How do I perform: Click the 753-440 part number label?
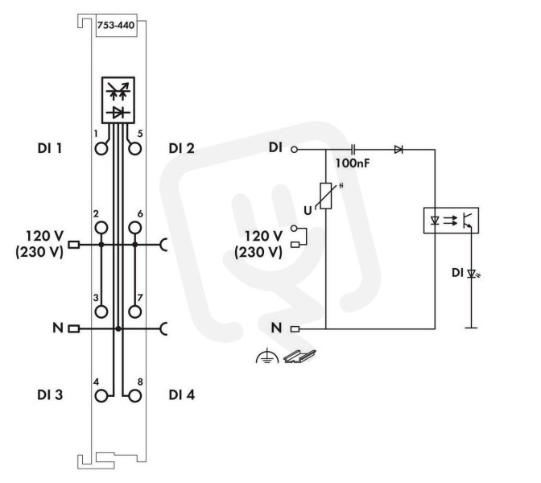pos(116,25)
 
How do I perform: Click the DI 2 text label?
pos(181,148)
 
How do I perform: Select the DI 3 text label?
pos(50,394)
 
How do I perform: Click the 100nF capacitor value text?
pos(353,163)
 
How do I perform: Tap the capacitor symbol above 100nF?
pos(353,150)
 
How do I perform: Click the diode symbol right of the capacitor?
pos(399,150)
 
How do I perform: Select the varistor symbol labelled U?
pos(326,196)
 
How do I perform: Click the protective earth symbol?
pos(267,357)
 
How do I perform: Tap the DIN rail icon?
pos(299,357)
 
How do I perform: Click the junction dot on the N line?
pos(118,328)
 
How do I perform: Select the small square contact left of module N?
pos(74,328)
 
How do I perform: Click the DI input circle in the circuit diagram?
pos(294,150)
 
